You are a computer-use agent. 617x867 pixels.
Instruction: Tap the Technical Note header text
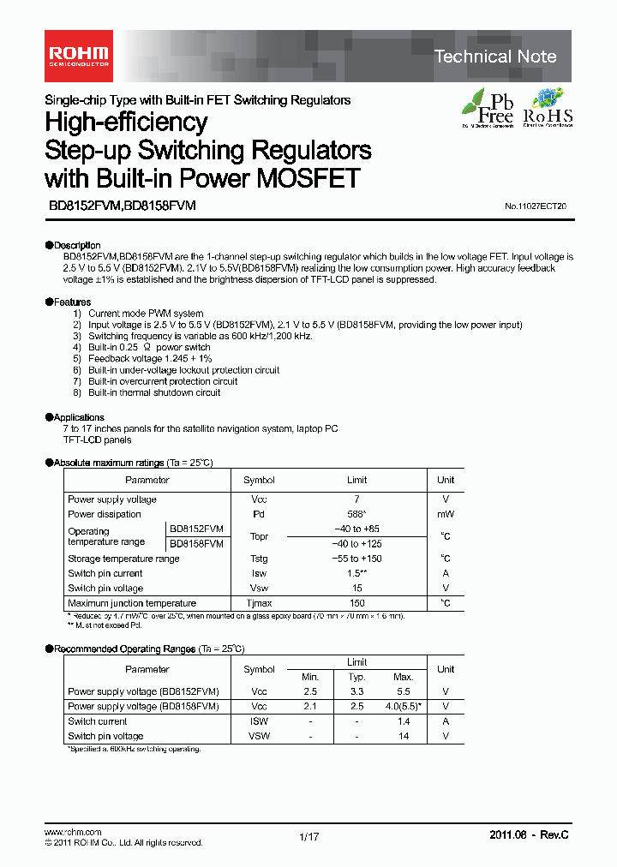coord(495,57)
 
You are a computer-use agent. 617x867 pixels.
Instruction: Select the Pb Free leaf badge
coord(488,107)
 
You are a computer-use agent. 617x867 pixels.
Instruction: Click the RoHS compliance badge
coord(548,107)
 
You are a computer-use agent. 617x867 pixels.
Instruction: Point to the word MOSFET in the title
coord(304,179)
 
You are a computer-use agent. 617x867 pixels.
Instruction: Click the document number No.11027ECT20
coord(535,206)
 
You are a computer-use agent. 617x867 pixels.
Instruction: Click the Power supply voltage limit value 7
coord(356,499)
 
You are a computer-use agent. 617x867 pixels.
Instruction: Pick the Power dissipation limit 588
coord(357,514)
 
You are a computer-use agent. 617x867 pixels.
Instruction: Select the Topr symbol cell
coord(259,536)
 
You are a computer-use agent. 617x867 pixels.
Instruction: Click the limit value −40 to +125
coord(356,544)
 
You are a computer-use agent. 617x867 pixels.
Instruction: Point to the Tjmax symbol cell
coord(259,603)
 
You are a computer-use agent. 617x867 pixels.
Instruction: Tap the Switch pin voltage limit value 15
coord(356,589)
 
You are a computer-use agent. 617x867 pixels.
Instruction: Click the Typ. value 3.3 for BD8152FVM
coord(357,691)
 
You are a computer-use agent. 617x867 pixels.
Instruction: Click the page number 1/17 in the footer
coord(308,837)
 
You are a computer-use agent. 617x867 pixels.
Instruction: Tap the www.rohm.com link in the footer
coord(73,832)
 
